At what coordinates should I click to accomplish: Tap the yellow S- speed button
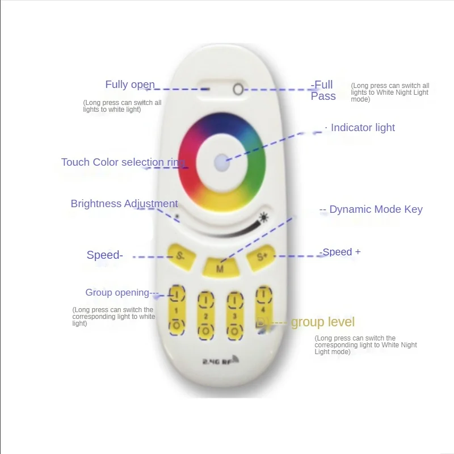pos(180,255)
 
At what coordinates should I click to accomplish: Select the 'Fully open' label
pos(130,85)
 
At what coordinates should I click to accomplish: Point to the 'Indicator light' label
pos(363,128)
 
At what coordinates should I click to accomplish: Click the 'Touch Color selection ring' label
pos(123,162)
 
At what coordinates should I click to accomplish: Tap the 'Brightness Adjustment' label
pos(124,204)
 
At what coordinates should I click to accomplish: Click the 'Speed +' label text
pos(341,252)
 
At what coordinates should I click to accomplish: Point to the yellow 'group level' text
pos(322,322)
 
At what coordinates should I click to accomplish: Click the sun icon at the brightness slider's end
pos(263,217)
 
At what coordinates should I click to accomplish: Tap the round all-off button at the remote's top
pos(238,89)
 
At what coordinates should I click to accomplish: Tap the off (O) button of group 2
pos(205,330)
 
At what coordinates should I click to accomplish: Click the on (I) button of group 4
pos(262,294)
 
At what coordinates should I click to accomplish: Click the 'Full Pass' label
pos(323,91)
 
